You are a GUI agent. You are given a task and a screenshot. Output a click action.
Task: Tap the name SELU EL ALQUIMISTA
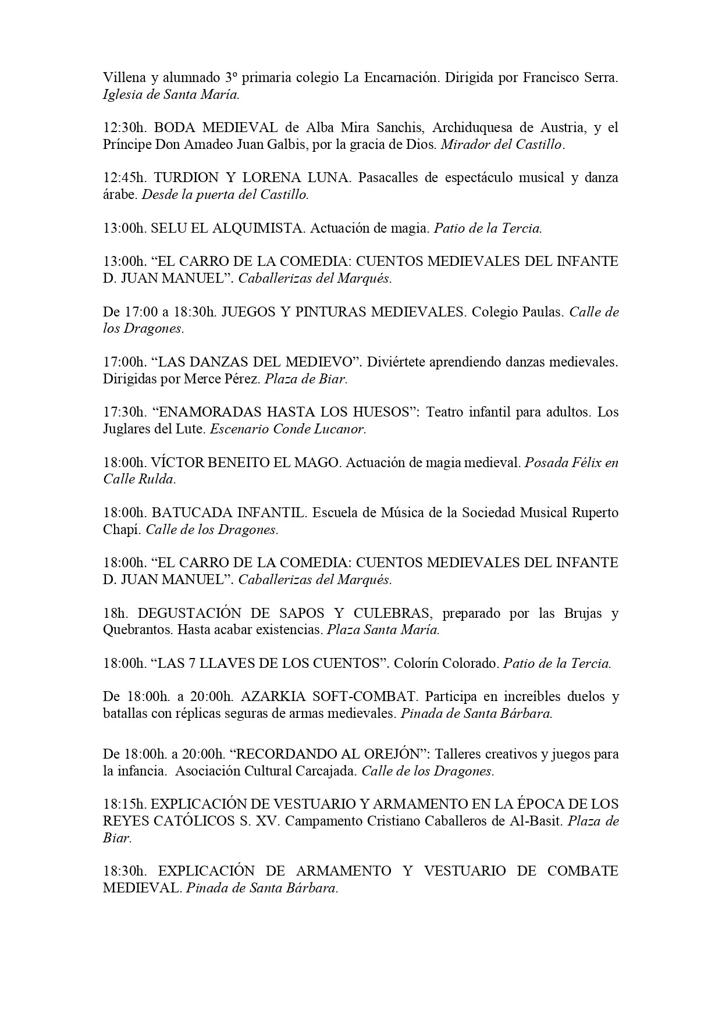click(227, 229)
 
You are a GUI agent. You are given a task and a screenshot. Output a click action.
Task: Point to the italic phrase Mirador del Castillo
click(502, 145)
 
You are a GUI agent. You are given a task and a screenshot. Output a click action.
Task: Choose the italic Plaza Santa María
click(383, 630)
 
